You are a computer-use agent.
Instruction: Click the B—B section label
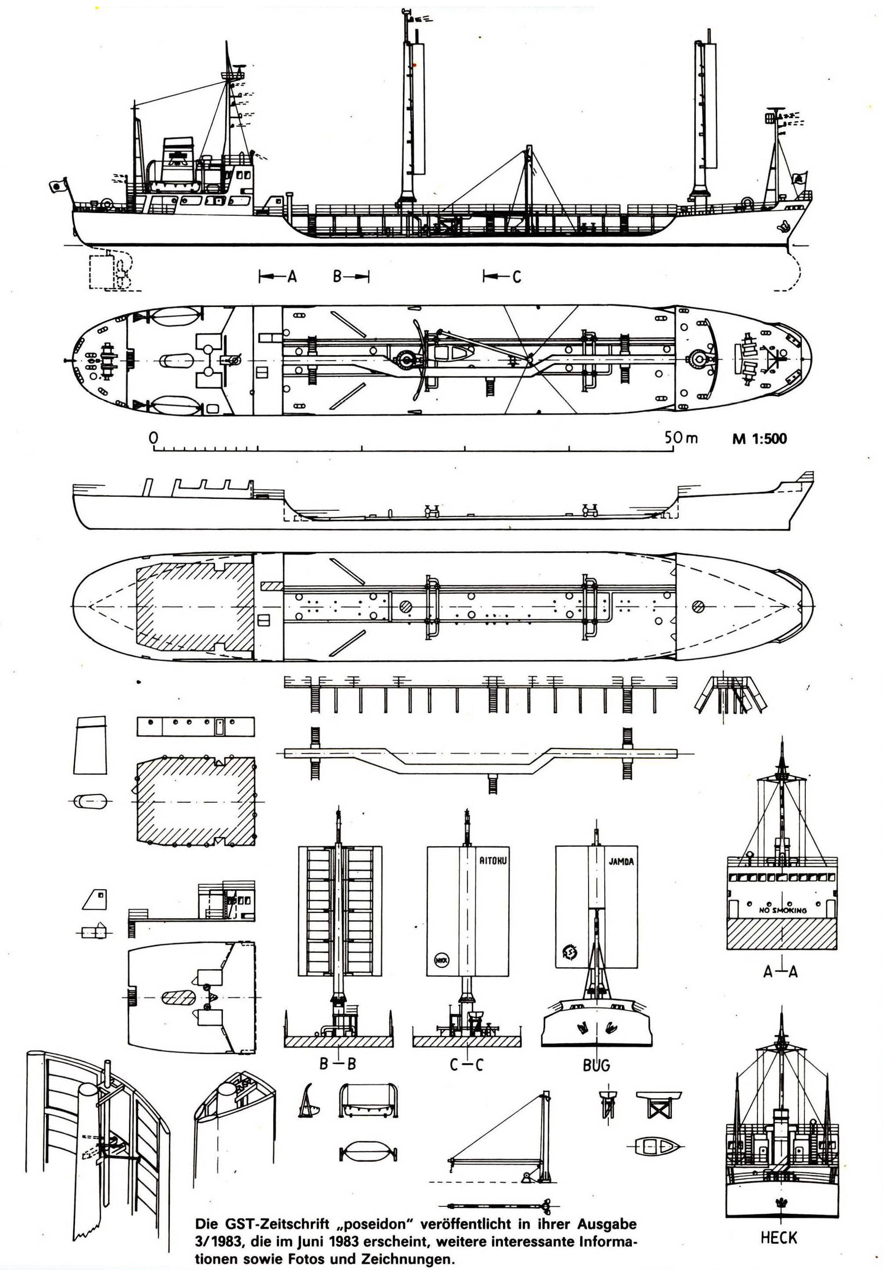[x=338, y=1064]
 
